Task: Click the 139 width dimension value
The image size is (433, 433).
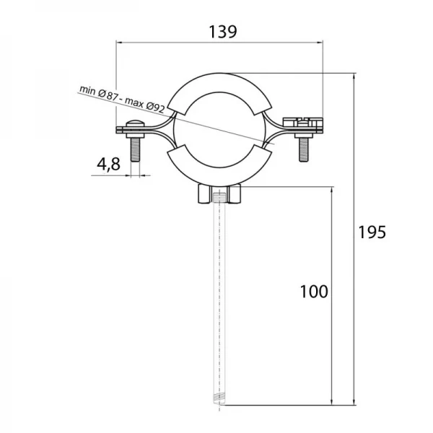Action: coord(223,32)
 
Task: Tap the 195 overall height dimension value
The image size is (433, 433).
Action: coord(372,232)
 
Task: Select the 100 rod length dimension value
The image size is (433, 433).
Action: coord(314,292)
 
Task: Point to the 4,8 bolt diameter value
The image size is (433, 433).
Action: coord(108,164)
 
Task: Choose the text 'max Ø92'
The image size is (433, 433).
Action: coord(145,105)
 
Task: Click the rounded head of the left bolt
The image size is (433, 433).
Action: coord(135,123)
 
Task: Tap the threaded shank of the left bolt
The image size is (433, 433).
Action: coord(135,149)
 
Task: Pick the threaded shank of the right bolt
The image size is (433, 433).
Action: coord(304,149)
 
